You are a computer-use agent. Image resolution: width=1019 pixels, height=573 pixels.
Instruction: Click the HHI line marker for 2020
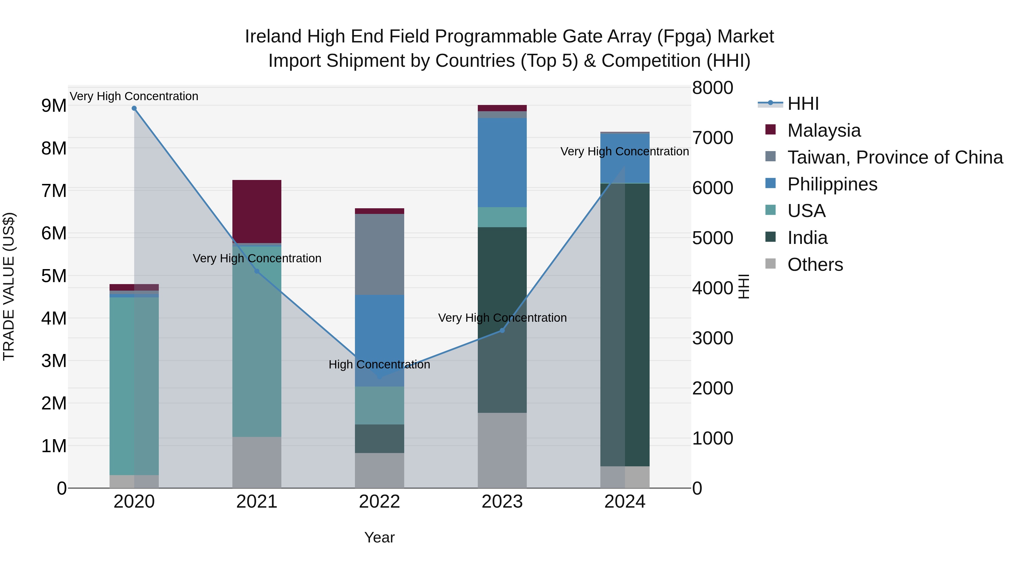[134, 108]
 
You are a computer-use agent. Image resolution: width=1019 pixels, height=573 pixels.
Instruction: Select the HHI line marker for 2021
[257, 271]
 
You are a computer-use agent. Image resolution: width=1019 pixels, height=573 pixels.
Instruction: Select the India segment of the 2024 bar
[625, 324]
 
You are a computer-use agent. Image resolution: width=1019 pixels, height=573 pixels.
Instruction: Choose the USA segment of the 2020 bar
[134, 386]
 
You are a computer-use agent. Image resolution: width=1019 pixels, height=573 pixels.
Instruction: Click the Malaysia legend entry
[824, 130]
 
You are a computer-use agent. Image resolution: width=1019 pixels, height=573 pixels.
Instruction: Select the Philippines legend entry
[832, 184]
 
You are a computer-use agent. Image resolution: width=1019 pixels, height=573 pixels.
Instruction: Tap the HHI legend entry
[803, 104]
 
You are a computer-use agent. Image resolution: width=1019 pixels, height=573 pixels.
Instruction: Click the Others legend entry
[815, 265]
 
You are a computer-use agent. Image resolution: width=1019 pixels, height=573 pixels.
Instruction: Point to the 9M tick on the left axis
[54, 106]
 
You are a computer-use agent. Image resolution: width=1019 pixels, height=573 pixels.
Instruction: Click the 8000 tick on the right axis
[712, 88]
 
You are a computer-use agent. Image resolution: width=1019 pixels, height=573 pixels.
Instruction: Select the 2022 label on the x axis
[379, 502]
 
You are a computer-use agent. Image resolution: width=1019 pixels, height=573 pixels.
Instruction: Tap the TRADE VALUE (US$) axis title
[9, 286]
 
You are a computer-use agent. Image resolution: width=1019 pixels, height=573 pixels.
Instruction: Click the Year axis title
[379, 537]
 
